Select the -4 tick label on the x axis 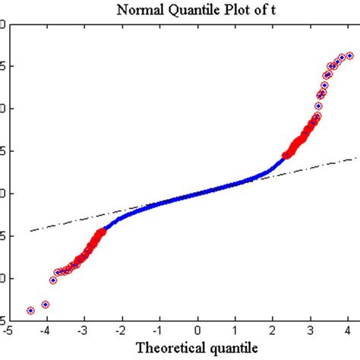[44, 330]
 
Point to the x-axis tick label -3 [82, 330]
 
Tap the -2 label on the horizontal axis [120, 330]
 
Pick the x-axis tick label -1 [158, 330]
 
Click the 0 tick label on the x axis [197, 330]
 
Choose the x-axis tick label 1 [235, 330]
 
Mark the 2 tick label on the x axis [273, 330]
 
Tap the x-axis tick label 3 [311, 330]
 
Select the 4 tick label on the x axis [349, 330]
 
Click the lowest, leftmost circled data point [31, 310]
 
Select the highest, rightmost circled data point [349, 55]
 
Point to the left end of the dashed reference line [30, 231]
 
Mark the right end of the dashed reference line [355, 158]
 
